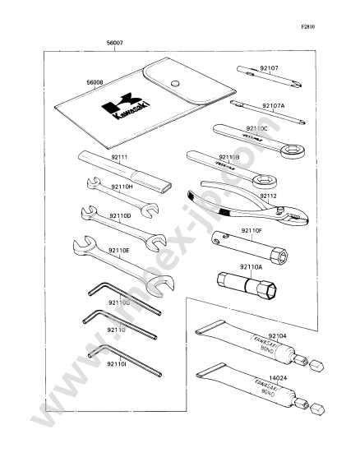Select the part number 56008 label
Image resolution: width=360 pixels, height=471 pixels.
click(97, 83)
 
